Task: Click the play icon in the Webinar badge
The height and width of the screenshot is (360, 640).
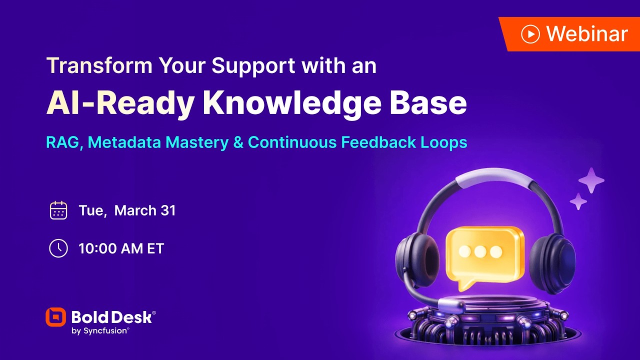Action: point(530,34)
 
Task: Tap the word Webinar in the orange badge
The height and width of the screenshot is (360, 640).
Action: point(587,34)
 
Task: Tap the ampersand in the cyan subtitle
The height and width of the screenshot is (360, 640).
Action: point(238,142)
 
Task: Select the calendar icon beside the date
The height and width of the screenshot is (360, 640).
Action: point(58,210)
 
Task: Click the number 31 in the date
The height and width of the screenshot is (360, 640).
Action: point(168,210)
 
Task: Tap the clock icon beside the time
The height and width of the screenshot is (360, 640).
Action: point(58,248)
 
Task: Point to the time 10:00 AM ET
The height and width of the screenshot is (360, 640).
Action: point(121,248)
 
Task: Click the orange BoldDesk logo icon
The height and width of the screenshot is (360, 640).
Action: point(55,317)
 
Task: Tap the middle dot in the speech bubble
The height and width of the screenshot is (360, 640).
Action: point(480,251)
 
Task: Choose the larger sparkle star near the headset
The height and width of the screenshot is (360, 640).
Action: point(591,180)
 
